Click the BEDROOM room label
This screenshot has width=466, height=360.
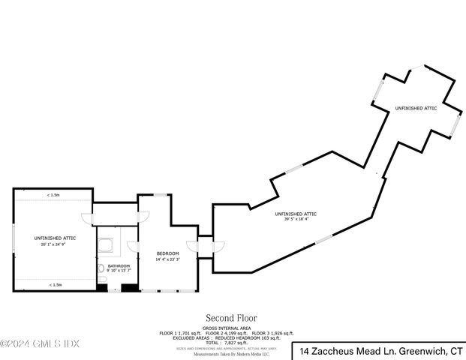pyautogui.click(x=167, y=254)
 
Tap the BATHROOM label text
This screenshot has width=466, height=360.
pyautogui.click(x=119, y=265)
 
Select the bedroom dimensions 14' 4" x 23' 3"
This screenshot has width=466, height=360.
pyautogui.click(x=167, y=259)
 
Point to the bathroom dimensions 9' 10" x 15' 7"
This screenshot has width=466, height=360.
pyautogui.click(x=119, y=271)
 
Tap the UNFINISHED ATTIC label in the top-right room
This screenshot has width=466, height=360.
pyautogui.click(x=415, y=109)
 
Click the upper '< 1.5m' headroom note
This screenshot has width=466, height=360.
pyautogui.click(x=53, y=195)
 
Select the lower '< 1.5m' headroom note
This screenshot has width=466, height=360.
pyautogui.click(x=55, y=284)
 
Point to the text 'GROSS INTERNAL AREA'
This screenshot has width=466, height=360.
pyautogui.click(x=226, y=328)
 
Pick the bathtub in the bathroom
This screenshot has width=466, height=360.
pyautogui.click(x=106, y=245)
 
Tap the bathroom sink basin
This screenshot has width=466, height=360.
pyautogui.click(x=101, y=268)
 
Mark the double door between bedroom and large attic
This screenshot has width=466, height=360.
pyautogui.click(x=205, y=245)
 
